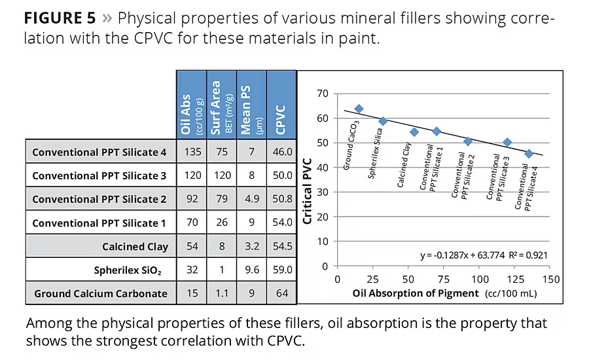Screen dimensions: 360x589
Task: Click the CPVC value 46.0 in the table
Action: click(x=282, y=152)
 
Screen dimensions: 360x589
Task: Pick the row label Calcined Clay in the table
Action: click(x=135, y=247)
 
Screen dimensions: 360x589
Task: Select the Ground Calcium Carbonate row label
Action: click(x=101, y=294)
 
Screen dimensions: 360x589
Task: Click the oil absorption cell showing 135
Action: click(x=192, y=152)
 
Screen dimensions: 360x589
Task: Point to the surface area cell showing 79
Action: click(x=222, y=199)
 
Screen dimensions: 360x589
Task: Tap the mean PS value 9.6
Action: click(x=252, y=270)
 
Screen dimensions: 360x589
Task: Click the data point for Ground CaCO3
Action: click(x=359, y=109)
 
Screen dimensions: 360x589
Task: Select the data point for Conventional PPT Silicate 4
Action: click(x=529, y=154)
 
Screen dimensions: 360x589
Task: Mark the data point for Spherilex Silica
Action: click(x=383, y=121)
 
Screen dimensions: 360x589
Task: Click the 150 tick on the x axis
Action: click(x=550, y=279)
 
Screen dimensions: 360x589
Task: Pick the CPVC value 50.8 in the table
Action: click(x=282, y=199)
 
